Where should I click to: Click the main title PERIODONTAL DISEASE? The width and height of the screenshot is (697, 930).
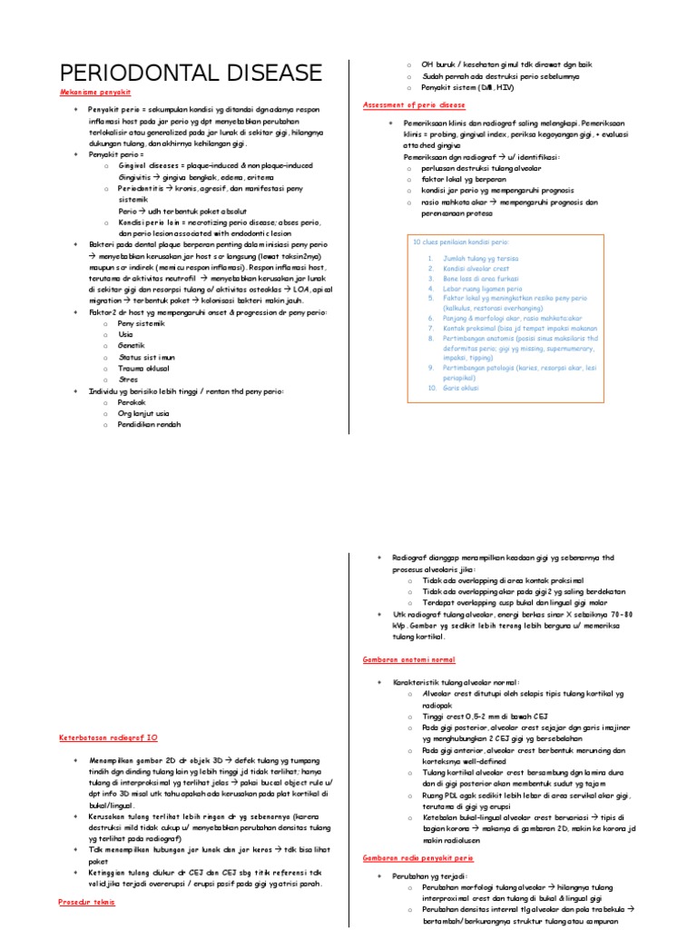click(x=191, y=73)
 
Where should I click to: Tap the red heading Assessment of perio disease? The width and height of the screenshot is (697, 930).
click(x=414, y=104)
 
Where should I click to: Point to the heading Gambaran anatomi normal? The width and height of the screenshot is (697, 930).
click(x=408, y=659)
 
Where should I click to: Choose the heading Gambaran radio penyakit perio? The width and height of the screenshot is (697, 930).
click(x=417, y=856)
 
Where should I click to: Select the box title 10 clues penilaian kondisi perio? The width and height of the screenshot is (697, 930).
click(x=461, y=243)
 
